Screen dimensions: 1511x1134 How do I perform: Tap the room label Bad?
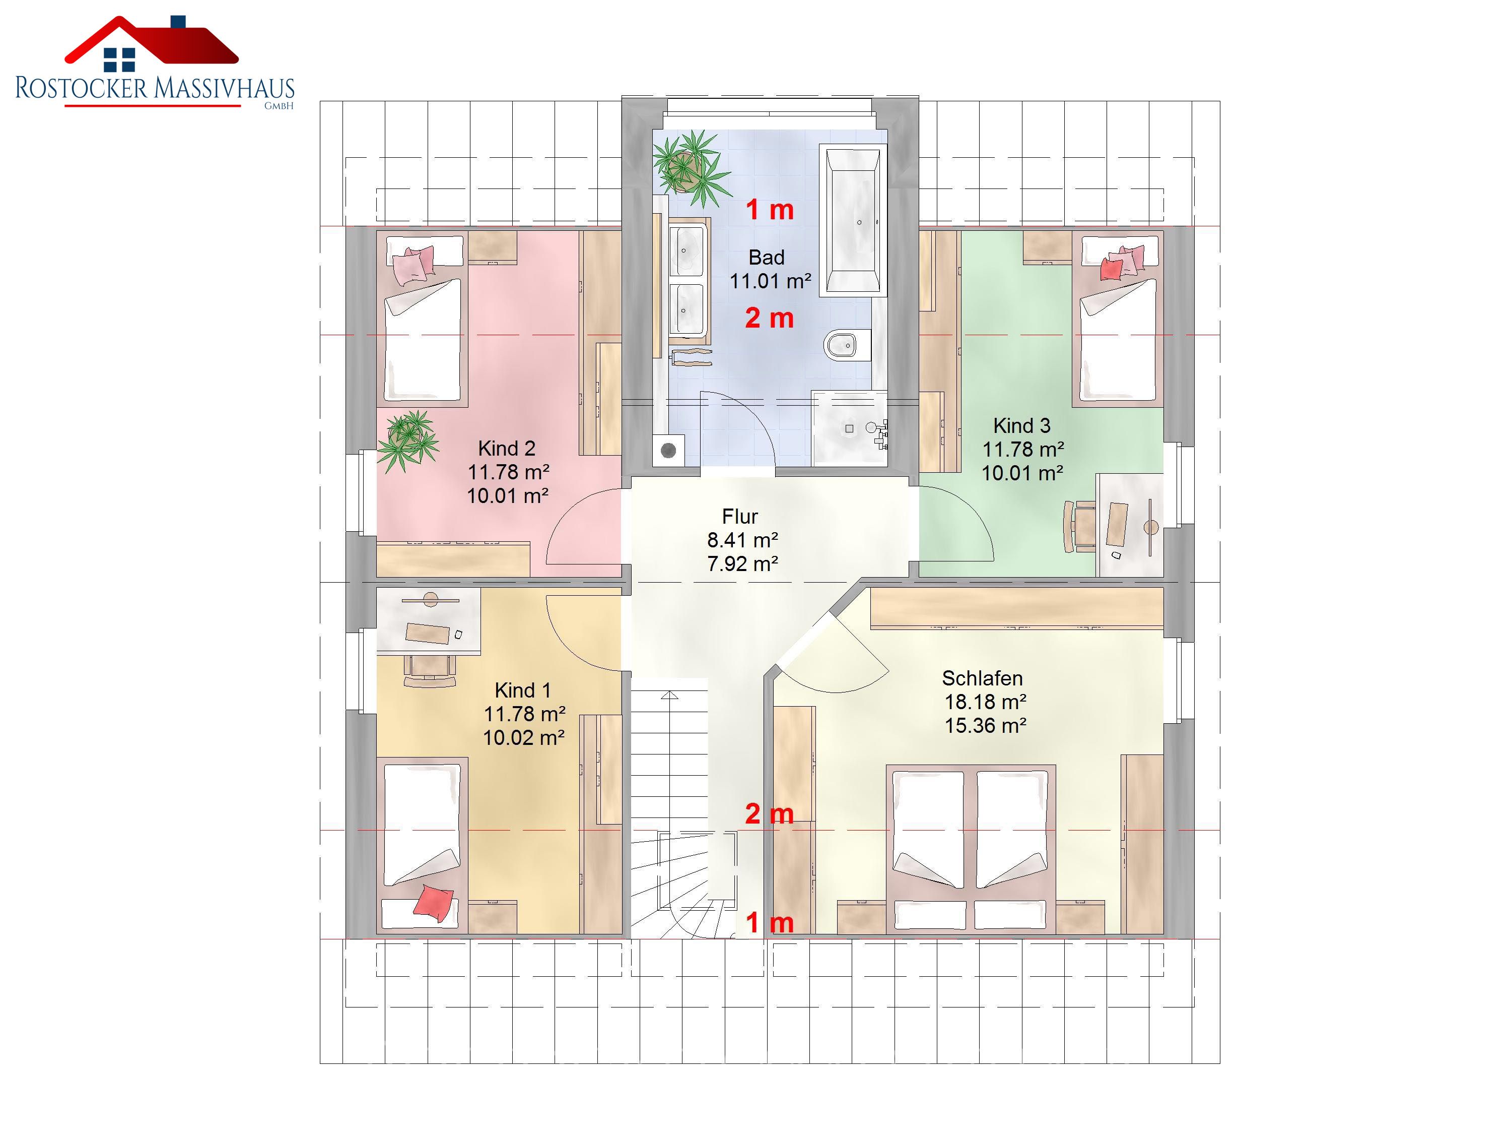767,258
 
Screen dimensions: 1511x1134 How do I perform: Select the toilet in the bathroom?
848,345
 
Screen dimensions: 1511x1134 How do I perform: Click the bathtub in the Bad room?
853,221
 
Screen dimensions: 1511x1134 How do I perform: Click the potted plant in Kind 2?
408,440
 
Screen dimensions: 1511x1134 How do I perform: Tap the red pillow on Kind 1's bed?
433,902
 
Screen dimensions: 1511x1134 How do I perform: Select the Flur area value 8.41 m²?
742,540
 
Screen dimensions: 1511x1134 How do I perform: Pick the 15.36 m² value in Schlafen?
985,725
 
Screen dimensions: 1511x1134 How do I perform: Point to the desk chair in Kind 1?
430,670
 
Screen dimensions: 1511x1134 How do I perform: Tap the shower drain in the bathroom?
849,428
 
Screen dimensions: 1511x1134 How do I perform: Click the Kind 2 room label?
506,449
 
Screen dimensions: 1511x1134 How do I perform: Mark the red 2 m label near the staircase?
769,814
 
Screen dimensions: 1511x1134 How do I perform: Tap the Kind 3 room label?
1021,426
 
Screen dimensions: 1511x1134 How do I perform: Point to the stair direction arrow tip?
669,692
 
